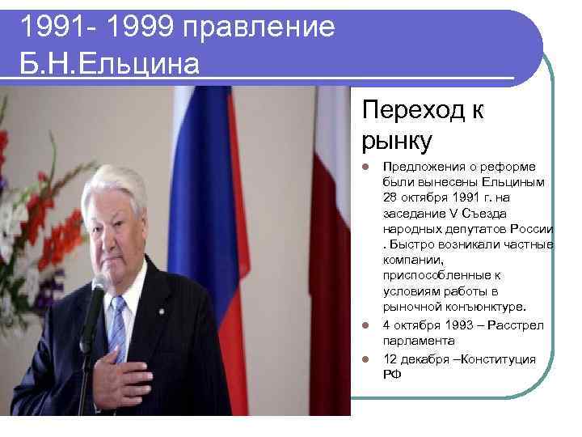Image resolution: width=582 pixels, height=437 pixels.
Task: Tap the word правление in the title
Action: [x=259, y=28]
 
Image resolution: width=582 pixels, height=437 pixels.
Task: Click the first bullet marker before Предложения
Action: [x=366, y=168]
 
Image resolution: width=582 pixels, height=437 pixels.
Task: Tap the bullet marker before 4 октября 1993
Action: [x=366, y=326]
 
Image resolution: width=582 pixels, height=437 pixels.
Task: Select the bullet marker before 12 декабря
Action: [x=366, y=359]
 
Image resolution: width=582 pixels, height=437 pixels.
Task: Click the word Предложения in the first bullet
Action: [x=425, y=167]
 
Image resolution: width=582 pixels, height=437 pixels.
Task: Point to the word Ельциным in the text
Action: [x=518, y=182]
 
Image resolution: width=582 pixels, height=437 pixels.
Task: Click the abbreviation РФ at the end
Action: [x=392, y=374]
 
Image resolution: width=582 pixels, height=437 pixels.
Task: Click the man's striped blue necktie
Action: [x=118, y=328]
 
